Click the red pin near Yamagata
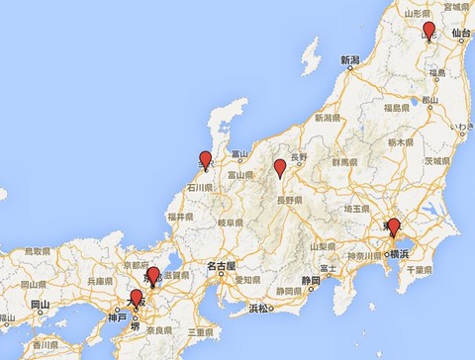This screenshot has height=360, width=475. coord(428,30)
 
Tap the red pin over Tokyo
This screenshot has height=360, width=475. coord(393,226)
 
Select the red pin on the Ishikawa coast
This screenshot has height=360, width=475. coord(206,158)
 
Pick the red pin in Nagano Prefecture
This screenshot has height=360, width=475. coord(280,167)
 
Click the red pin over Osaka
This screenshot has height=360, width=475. coord(136,297)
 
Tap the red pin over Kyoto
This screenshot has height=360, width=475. coord(152,274)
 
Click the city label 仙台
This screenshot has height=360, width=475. coord(458,33)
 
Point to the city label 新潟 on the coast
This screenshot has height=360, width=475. coord(351,60)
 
